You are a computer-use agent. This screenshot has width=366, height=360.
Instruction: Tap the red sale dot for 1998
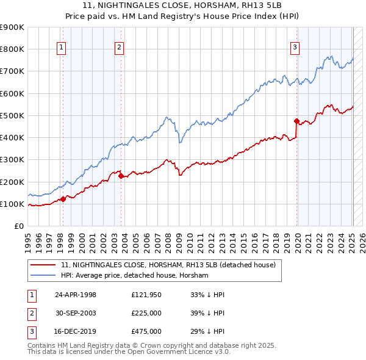[63, 199]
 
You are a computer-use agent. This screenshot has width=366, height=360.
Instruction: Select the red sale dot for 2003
[121, 176]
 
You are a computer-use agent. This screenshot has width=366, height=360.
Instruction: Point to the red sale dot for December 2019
[296, 121]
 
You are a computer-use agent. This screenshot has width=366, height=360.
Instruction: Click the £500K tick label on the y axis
[12, 115]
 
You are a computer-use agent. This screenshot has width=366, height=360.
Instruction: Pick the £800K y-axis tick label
[12, 49]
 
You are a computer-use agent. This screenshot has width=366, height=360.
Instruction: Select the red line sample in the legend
[43, 265]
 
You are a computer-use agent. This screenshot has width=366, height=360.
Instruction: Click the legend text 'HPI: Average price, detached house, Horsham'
[135, 276]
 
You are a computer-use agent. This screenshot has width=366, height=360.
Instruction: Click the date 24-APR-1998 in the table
[76, 295]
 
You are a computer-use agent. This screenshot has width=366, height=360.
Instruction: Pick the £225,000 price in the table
[146, 313]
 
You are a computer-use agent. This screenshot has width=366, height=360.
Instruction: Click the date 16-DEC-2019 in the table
[76, 331]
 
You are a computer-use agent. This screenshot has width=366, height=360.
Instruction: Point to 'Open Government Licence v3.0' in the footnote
[180, 352]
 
